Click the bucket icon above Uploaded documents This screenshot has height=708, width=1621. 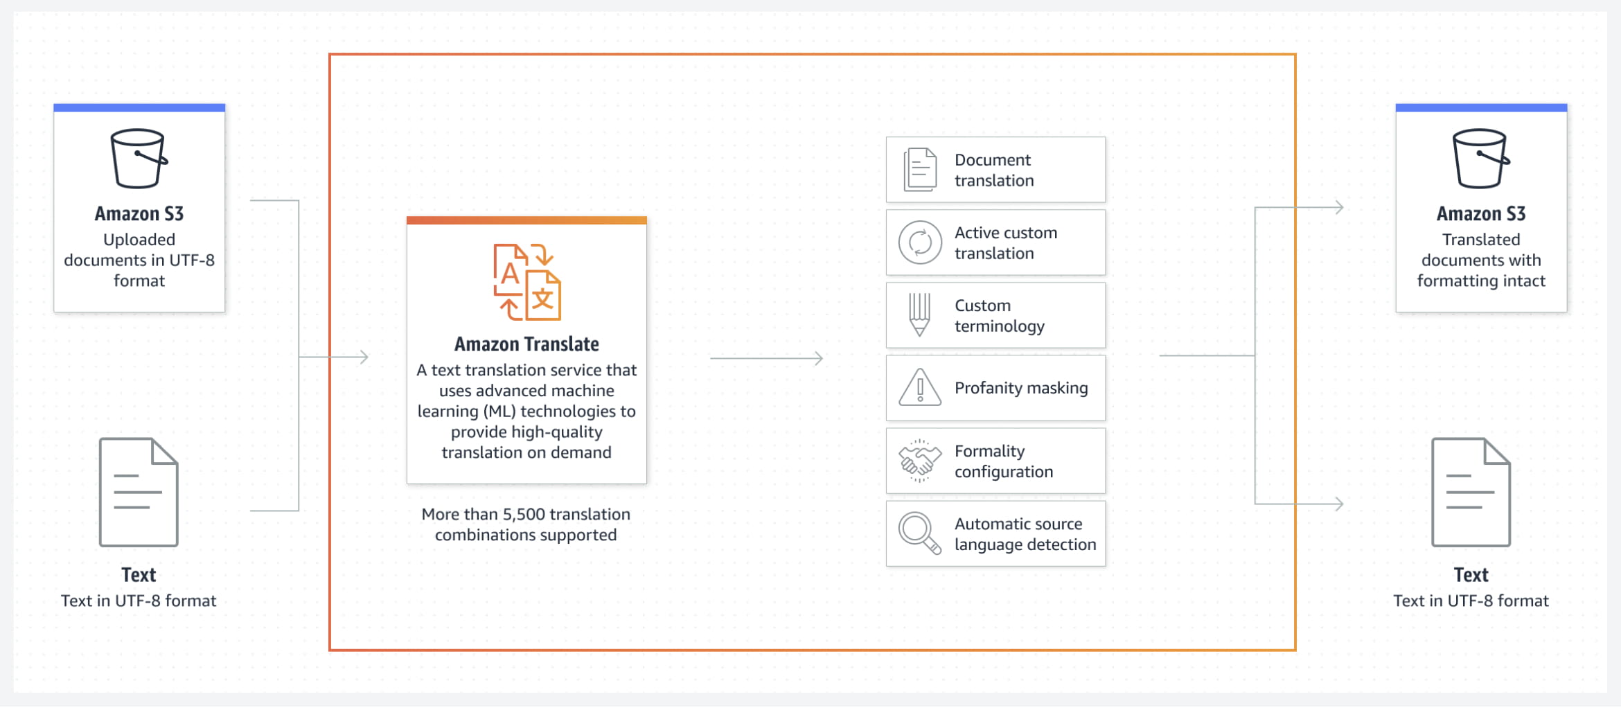tap(139, 158)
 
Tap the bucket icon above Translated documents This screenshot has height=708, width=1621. tap(1481, 158)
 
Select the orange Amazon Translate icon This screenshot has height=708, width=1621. tap(527, 282)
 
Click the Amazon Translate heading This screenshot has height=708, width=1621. tap(526, 344)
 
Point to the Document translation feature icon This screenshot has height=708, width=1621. tap(920, 170)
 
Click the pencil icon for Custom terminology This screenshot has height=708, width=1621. tap(919, 315)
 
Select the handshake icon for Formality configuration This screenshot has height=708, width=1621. tap(920, 461)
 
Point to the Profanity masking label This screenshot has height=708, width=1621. tap(1021, 388)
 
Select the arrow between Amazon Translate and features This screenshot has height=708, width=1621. tap(767, 358)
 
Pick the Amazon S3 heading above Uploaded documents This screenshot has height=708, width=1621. tap(139, 213)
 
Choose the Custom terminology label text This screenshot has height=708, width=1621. tap(1000, 316)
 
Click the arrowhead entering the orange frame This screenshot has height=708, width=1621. tap(364, 357)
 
